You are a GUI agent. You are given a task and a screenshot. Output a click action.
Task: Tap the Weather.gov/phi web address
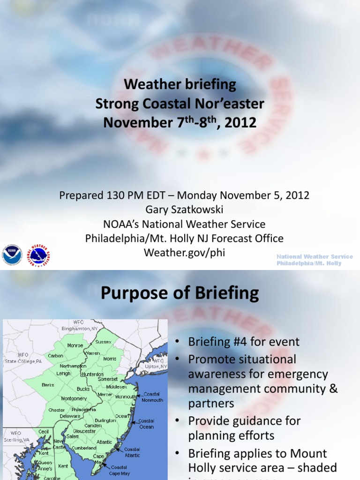(184, 253)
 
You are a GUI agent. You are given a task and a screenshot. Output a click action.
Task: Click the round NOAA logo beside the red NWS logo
(12, 255)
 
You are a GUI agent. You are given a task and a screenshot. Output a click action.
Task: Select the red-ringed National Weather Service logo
(38, 255)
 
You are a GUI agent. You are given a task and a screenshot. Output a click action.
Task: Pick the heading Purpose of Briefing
(180, 293)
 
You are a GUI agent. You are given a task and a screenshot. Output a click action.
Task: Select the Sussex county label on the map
(103, 342)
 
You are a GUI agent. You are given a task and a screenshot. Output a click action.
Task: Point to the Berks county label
(47, 385)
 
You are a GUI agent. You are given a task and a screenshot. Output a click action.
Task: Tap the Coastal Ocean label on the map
(146, 424)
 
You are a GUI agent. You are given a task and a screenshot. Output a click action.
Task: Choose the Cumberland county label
(84, 448)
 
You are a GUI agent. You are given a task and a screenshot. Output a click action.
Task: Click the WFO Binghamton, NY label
(79, 325)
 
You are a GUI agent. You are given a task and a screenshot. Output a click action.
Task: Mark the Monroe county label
(75, 345)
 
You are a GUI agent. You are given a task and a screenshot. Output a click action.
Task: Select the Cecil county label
(44, 431)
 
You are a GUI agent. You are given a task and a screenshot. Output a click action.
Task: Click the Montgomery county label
(74, 398)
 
